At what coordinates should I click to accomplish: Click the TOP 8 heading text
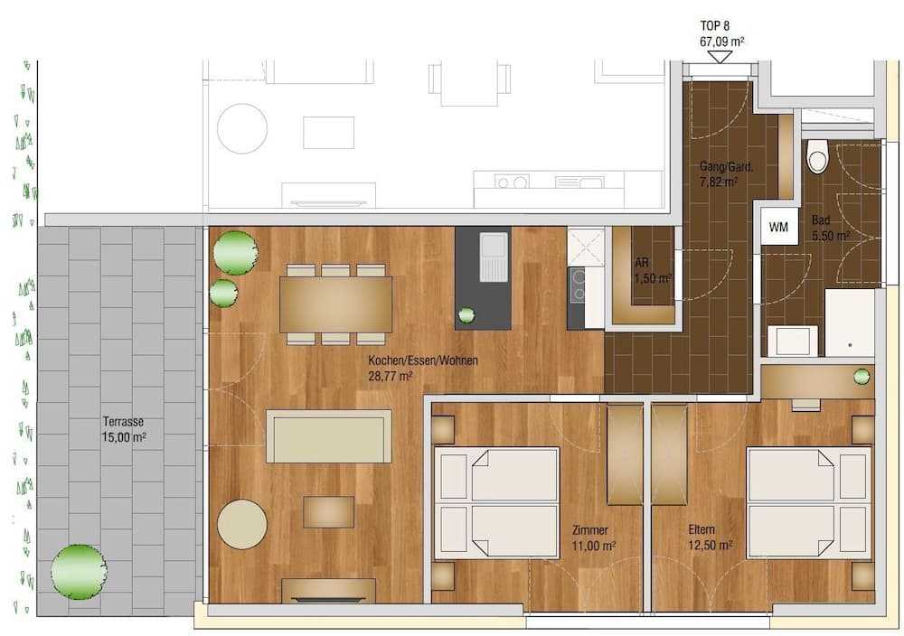click(720, 26)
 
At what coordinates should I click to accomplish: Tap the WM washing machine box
click(778, 228)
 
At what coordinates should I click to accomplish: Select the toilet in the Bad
click(817, 156)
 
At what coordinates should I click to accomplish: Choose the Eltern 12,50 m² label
click(710, 538)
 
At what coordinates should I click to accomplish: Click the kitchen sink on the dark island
click(494, 258)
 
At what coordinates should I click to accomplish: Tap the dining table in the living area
click(335, 304)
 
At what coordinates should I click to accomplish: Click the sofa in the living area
click(328, 436)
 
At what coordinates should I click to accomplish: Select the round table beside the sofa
click(242, 524)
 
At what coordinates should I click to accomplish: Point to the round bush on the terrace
click(79, 571)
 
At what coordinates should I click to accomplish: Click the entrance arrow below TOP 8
click(720, 57)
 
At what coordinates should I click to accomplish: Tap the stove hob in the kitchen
click(576, 286)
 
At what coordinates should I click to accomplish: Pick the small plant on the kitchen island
click(466, 315)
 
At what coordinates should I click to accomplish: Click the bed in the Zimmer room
click(496, 502)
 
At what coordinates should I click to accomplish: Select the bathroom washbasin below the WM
click(792, 341)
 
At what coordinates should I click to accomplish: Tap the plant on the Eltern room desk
click(862, 376)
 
